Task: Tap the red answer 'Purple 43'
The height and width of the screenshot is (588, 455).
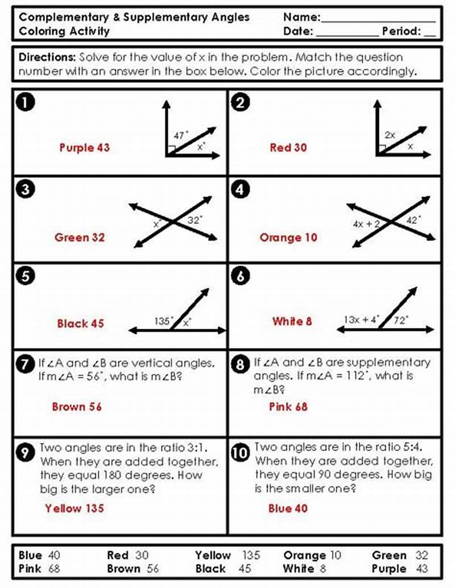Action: [x=84, y=148]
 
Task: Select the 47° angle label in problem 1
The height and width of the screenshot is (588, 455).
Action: [x=181, y=135]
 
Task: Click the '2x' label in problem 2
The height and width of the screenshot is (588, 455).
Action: [x=390, y=135]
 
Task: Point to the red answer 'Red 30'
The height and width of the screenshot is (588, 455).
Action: [x=288, y=148]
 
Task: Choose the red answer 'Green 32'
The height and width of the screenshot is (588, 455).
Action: [x=80, y=237]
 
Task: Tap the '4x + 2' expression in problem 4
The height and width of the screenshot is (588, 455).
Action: [x=366, y=224]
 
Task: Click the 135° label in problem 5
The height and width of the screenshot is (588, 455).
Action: [x=164, y=321]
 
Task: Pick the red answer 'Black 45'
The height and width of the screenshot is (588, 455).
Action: [x=80, y=324]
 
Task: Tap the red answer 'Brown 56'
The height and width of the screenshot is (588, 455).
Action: [x=77, y=407]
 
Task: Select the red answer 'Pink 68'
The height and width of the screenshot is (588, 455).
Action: [x=289, y=407]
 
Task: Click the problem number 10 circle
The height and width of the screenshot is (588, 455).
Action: [x=241, y=453]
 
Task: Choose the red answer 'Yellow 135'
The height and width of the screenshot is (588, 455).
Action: [x=75, y=508]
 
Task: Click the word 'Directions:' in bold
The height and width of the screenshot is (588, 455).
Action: [x=47, y=57]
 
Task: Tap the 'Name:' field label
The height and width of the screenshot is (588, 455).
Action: [x=302, y=17]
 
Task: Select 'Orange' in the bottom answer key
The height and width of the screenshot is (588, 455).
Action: [x=304, y=556]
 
